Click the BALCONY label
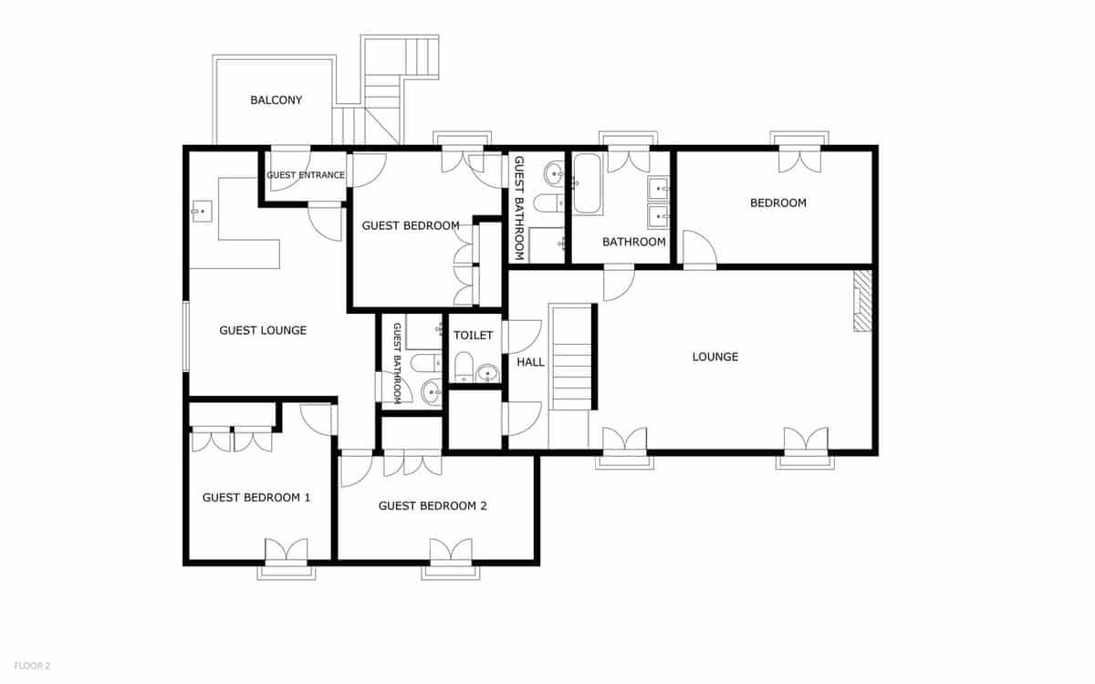point(276,100)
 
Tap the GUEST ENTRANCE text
point(306,175)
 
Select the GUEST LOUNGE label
point(263,330)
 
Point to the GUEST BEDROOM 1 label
point(256,498)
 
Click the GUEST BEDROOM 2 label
point(433,506)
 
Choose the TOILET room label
point(473,336)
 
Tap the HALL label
point(530,362)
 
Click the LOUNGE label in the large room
point(714,357)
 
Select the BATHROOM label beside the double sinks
point(633,242)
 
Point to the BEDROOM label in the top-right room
point(777,203)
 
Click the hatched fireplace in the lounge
point(862,301)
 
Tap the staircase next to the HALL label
point(571,358)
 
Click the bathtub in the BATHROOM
point(587,184)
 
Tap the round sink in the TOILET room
point(488,372)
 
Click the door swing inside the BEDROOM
point(698,248)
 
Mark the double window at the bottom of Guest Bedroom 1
point(286,553)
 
